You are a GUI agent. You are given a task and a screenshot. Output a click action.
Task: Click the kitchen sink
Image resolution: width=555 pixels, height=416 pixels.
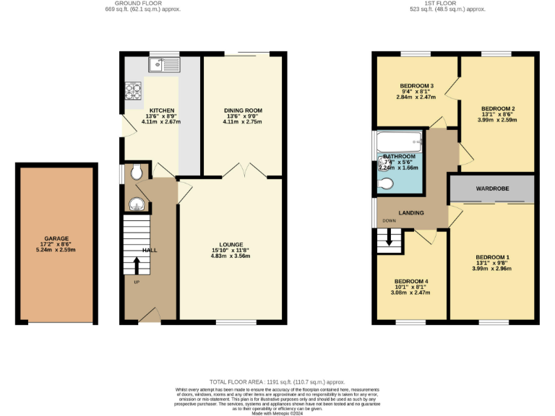click(163, 66)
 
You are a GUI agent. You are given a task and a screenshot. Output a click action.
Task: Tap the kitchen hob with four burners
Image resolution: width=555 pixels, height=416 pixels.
click(134, 91)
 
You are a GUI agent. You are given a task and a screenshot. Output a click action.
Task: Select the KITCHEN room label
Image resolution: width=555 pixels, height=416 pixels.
click(161, 110)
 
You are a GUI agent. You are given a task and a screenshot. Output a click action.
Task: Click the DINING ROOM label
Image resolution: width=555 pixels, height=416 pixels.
click(243, 110)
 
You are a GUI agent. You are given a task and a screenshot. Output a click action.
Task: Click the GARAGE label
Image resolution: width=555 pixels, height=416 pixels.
click(56, 238)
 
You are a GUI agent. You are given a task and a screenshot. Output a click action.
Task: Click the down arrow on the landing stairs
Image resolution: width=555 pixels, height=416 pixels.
click(390, 238)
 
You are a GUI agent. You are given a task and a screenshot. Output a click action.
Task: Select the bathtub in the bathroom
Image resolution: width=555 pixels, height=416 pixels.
click(398, 141)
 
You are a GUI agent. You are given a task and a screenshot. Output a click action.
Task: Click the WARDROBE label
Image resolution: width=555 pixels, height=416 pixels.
click(491, 188)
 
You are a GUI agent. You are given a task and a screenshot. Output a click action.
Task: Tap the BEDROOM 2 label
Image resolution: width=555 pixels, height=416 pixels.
click(497, 108)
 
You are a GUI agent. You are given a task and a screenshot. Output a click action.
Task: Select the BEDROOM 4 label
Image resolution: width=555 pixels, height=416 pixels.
click(410, 281)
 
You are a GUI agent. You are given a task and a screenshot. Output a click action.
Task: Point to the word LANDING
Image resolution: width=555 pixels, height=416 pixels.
click(410, 212)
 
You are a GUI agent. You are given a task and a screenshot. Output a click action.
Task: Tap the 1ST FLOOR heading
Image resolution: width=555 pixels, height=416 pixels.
click(455, 4)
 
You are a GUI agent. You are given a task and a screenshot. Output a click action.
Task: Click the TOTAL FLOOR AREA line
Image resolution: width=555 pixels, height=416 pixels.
click(277, 381)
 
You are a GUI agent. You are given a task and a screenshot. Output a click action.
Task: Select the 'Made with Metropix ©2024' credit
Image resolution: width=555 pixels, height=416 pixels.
click(277, 413)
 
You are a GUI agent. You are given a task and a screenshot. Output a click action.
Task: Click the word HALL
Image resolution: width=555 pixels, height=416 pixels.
click(150, 250)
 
